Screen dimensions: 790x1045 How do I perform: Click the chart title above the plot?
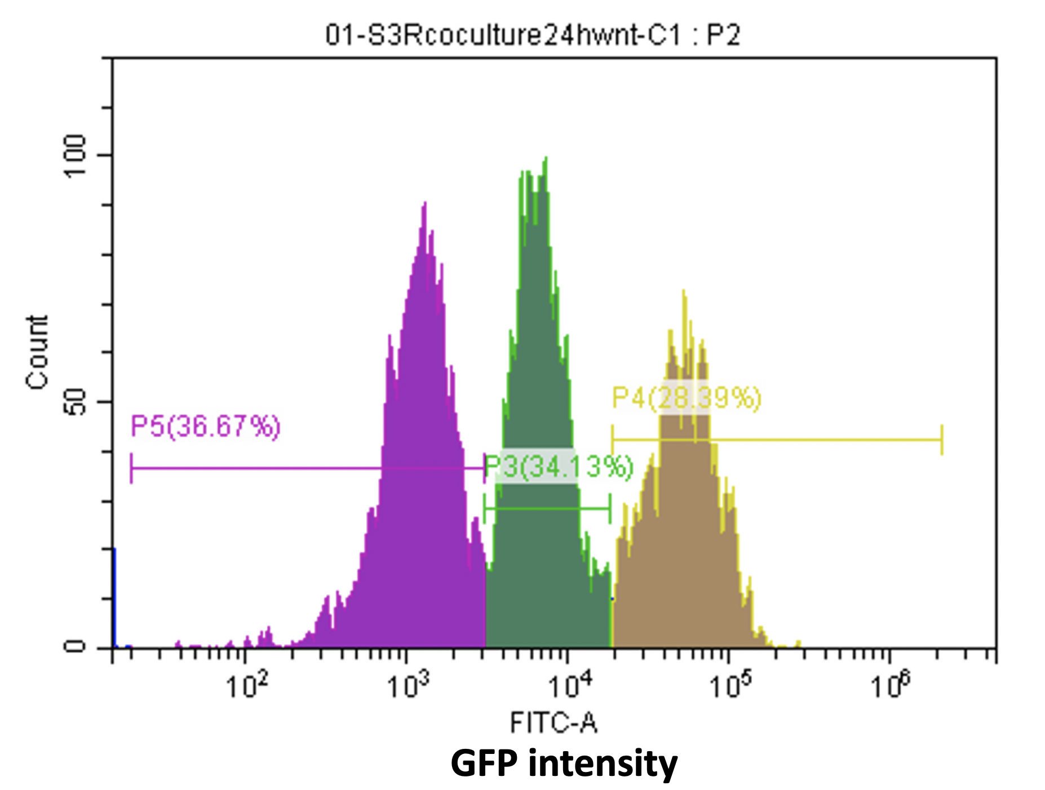point(532,35)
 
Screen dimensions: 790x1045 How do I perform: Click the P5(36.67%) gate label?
point(205,426)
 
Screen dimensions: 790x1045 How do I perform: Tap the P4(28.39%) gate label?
point(687,398)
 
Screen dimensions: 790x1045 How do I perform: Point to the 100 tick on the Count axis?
point(75,155)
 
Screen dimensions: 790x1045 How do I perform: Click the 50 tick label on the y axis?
point(75,401)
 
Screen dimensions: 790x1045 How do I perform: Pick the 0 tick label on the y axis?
point(75,647)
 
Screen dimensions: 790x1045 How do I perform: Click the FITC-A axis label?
point(553,722)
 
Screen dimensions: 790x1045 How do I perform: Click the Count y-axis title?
point(37,352)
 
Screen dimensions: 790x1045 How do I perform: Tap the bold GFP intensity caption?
point(564,764)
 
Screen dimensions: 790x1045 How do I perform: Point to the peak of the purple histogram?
point(425,203)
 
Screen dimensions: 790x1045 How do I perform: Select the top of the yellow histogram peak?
point(684,291)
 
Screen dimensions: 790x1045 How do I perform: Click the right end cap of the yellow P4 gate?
point(942,440)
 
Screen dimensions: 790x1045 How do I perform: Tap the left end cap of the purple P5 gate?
point(131,468)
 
